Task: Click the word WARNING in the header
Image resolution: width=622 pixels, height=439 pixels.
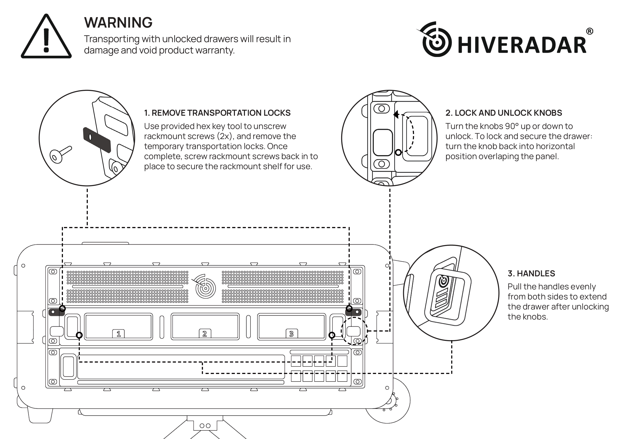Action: (x=118, y=22)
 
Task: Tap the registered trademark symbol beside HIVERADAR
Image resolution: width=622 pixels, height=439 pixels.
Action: (x=589, y=31)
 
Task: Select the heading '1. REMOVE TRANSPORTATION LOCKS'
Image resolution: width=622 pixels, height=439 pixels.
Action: (x=217, y=113)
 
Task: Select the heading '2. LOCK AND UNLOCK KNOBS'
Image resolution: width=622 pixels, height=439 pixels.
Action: (x=504, y=113)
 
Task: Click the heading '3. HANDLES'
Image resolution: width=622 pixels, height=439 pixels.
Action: (x=531, y=273)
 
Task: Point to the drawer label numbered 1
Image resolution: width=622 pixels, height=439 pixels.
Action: (x=118, y=334)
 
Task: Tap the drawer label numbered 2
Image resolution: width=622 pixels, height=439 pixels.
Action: (x=205, y=334)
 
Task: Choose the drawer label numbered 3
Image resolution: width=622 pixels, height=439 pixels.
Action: (x=291, y=334)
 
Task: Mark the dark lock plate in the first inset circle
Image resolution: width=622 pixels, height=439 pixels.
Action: (x=97, y=140)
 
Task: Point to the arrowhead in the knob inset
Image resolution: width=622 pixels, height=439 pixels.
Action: (x=396, y=114)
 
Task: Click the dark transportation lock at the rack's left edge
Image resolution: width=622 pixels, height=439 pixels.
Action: (x=56, y=312)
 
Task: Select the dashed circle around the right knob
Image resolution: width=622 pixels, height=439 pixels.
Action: (x=354, y=331)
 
